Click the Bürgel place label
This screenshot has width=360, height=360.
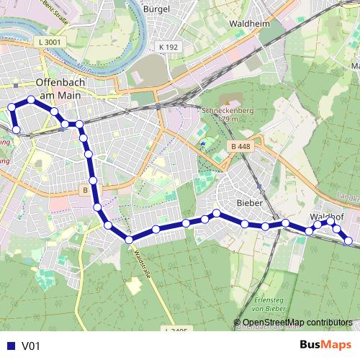[156, 9]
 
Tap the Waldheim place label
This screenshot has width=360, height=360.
[248, 23]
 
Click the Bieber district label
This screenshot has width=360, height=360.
[248, 203]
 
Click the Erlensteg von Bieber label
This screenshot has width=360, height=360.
[270, 303]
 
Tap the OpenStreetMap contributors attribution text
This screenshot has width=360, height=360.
[296, 322]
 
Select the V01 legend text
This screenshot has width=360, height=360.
[31, 346]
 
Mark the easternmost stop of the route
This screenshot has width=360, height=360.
[348, 240]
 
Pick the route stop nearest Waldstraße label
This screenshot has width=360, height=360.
[129, 240]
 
